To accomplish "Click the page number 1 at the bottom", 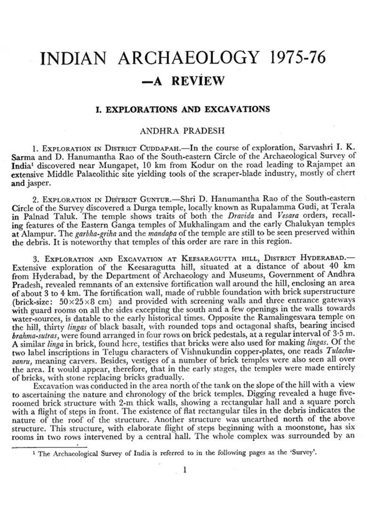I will (184, 469).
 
